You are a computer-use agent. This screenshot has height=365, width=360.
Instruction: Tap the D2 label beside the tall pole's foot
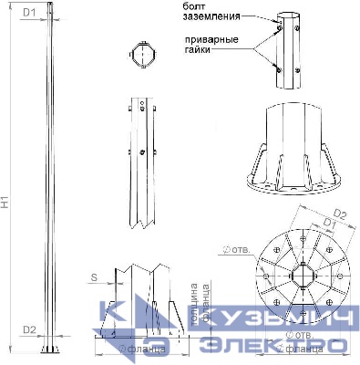pyautogui.click(x=29, y=329)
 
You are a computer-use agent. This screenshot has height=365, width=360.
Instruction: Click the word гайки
pyautogui.click(x=198, y=52)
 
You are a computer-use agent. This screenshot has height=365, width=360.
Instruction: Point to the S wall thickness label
pyautogui.click(x=94, y=275)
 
